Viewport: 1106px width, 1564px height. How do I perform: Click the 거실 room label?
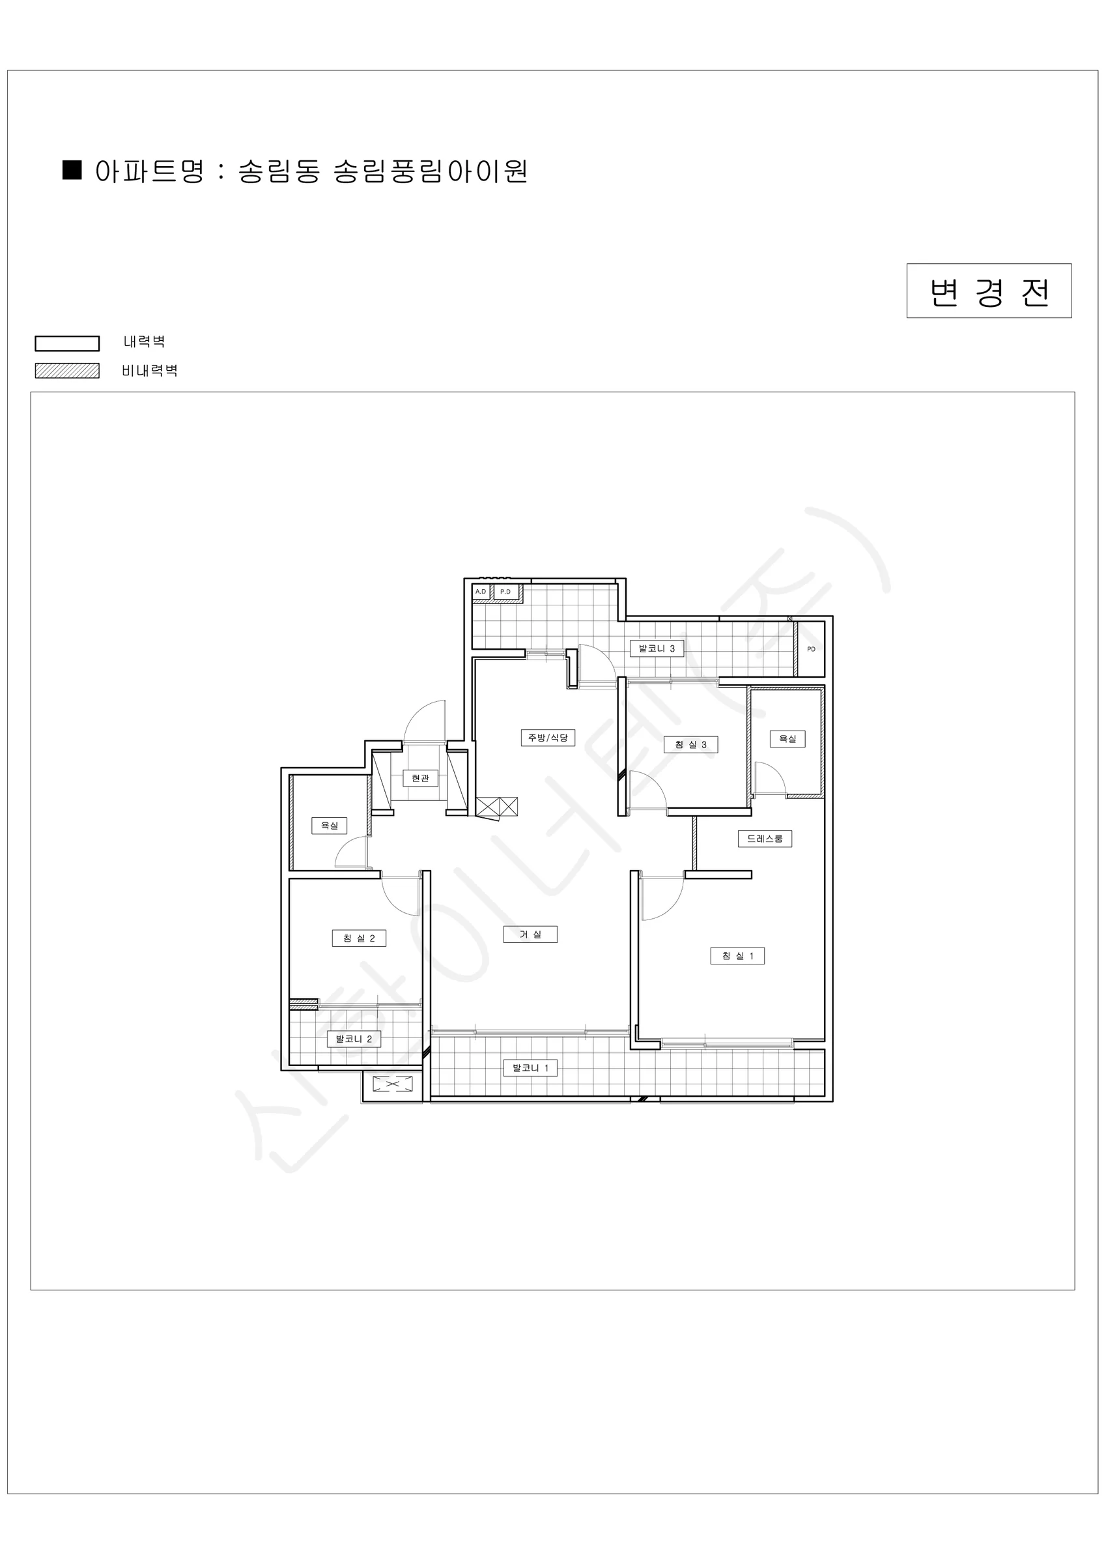530,934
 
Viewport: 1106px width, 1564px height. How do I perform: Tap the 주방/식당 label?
548,738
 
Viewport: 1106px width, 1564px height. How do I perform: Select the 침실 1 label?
737,957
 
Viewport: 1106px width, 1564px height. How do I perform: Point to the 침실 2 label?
359,938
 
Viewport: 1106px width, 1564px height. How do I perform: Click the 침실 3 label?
690,745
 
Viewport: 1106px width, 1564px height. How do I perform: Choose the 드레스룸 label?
765,839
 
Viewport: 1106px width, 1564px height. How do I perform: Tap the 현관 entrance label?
420,778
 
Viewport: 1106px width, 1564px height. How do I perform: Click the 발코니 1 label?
530,1068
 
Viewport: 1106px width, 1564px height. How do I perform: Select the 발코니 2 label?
354,1039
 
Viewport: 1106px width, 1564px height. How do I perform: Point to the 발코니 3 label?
657,648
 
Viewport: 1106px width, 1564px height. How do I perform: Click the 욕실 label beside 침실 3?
787,738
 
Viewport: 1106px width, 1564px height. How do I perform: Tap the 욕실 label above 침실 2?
330,826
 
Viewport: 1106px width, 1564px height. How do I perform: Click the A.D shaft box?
481,592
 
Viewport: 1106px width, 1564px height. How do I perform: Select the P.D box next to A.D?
505,592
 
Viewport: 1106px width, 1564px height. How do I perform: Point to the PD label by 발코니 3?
811,649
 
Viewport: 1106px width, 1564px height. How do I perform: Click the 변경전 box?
989,291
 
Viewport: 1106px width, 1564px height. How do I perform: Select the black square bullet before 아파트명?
72,170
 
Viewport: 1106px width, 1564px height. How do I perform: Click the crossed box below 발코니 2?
393,1084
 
